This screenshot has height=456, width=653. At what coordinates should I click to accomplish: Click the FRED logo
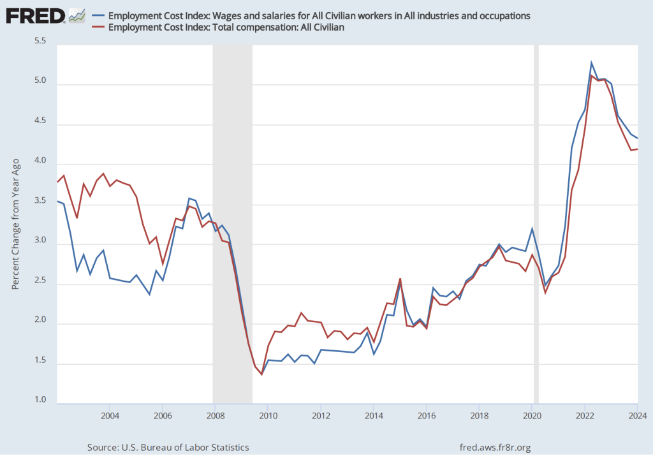pyautogui.click(x=36, y=15)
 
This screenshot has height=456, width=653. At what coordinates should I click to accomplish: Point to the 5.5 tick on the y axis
pyautogui.click(x=40, y=41)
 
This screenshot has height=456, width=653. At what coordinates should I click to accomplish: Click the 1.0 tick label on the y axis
pyautogui.click(x=40, y=401)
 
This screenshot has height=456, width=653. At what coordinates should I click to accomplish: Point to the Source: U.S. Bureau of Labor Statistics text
pyautogui.click(x=168, y=448)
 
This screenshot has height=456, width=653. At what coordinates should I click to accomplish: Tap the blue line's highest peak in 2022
pyautogui.click(x=591, y=63)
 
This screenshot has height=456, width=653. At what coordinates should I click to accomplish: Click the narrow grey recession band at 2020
pyautogui.click(x=536, y=223)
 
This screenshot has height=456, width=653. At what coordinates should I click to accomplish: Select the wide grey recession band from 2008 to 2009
pyautogui.click(x=232, y=223)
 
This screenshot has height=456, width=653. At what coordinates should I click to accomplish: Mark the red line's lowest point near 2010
pyautogui.click(x=261, y=374)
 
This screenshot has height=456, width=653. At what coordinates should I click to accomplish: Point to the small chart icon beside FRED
pyautogui.click(x=77, y=15)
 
